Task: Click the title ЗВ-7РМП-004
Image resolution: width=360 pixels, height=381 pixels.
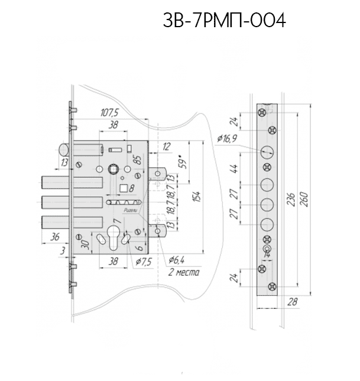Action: pos(224,21)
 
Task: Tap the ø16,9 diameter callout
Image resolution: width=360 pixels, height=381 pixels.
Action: pos(227,139)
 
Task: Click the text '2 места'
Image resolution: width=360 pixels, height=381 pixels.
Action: pos(183,273)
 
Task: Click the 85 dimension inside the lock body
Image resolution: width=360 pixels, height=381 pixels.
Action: pos(137,159)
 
